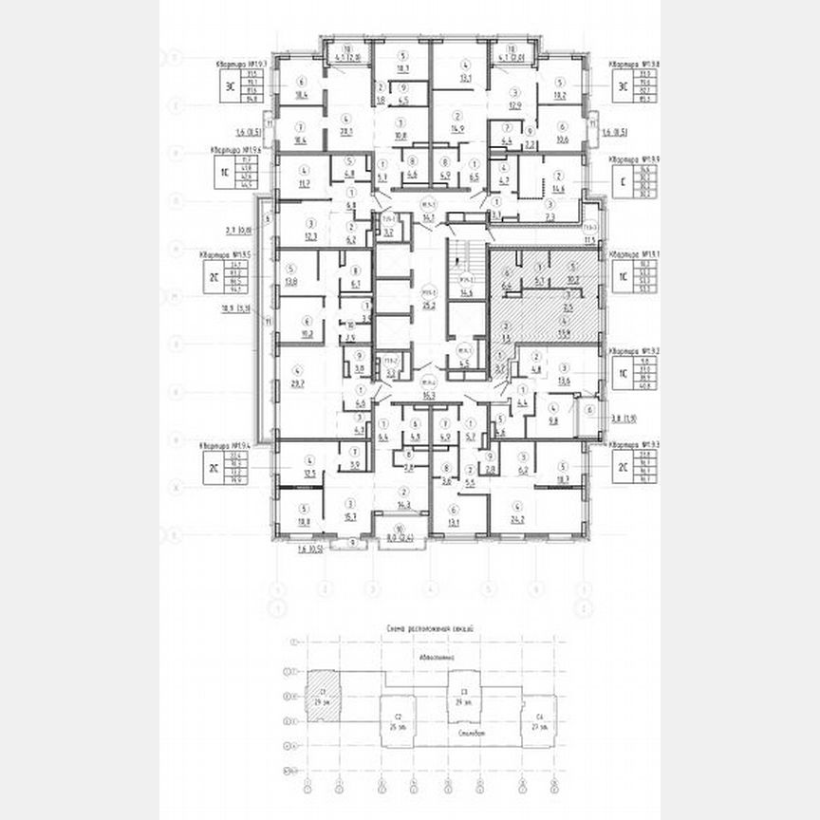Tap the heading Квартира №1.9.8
633,64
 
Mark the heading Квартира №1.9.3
633,445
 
